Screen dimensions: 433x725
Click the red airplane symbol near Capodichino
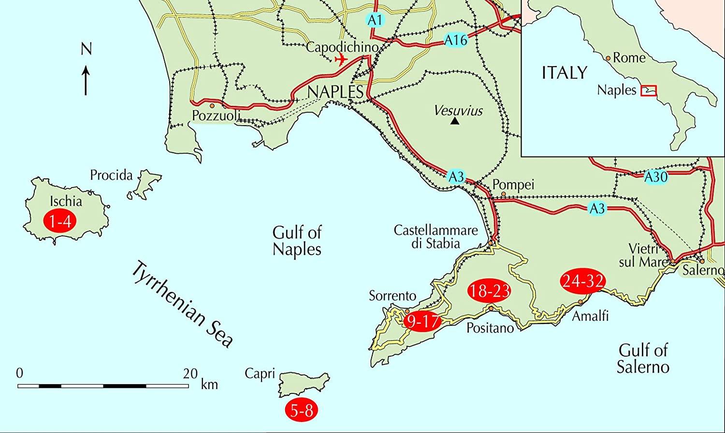click(x=341, y=59)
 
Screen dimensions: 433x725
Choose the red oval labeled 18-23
click(x=490, y=291)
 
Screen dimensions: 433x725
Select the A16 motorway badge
click(x=456, y=41)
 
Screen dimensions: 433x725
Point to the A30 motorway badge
click(x=656, y=178)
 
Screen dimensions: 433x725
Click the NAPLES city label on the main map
click(x=335, y=92)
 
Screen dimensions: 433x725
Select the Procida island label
click(x=111, y=175)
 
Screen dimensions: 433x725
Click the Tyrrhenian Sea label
click(x=182, y=304)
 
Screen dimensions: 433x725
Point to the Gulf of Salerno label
click(x=643, y=358)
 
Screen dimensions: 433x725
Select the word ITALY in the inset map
click(x=565, y=72)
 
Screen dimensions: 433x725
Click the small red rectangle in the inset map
click(x=648, y=91)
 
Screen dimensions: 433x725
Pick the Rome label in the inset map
click(x=629, y=58)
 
